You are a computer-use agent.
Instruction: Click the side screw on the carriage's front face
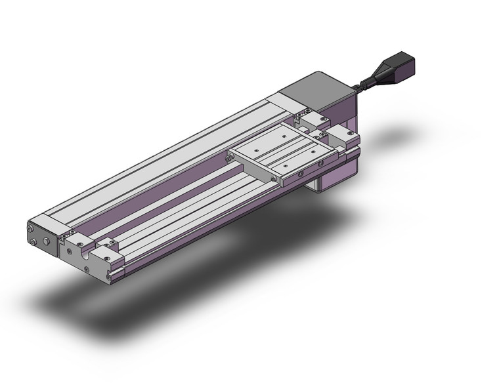point(299,175)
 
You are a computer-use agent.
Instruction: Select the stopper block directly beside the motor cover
point(312,119)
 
